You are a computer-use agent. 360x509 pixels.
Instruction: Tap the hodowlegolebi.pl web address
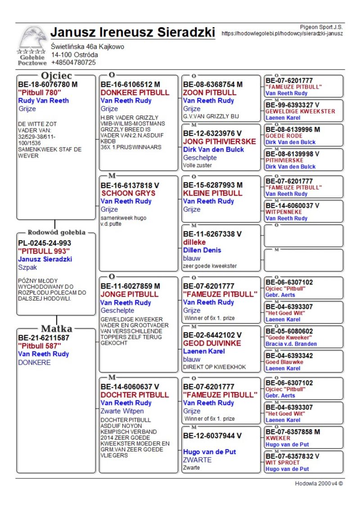click(282, 33)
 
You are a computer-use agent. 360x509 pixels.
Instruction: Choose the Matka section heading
click(57, 328)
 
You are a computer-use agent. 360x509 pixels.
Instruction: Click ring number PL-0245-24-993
click(45, 243)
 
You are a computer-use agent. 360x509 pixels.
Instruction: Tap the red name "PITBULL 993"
click(44, 251)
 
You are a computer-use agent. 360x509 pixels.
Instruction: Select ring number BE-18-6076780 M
click(48, 84)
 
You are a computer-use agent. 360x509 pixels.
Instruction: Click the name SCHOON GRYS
click(128, 193)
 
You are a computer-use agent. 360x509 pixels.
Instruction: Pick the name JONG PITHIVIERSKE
click(220, 141)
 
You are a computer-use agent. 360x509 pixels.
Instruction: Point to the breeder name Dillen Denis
click(202, 250)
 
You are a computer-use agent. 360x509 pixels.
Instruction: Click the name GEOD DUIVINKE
click(212, 343)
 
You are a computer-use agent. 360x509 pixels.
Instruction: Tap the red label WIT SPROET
click(282, 462)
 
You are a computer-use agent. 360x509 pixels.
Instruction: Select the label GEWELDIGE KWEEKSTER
click(300, 111)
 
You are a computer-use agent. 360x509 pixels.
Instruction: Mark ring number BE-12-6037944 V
click(212, 436)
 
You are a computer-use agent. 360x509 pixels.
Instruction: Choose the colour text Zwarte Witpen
click(122, 411)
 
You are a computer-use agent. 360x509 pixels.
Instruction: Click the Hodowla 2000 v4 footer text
click(319, 484)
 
